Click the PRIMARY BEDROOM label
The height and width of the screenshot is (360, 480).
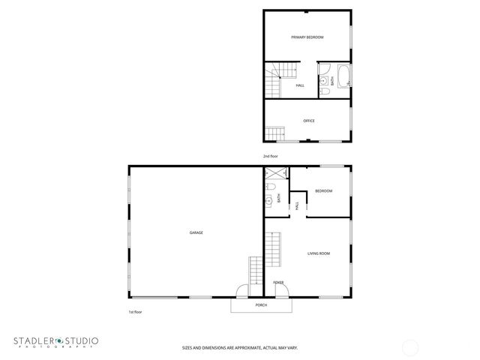pyautogui.click(x=307, y=37)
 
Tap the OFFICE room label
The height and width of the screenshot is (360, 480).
pyautogui.click(x=308, y=121)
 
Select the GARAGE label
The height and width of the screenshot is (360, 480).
pyautogui.click(x=196, y=232)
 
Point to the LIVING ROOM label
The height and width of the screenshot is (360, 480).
pyautogui.click(x=319, y=253)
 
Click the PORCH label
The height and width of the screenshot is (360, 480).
pyautogui.click(x=261, y=305)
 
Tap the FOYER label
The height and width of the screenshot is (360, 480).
pyautogui.click(x=278, y=282)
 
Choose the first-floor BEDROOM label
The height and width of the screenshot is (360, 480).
pyautogui.click(x=323, y=191)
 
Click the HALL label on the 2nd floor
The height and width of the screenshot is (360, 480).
pyautogui.click(x=300, y=85)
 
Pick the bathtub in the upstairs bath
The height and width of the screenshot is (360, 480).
pyautogui.click(x=343, y=77)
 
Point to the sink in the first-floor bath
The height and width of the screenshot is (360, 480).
pyautogui.click(x=268, y=200)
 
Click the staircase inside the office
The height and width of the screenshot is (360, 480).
pyautogui.click(x=277, y=134)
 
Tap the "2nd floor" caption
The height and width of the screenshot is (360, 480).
pyautogui.click(x=270, y=156)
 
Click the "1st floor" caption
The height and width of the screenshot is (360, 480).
pyautogui.click(x=135, y=312)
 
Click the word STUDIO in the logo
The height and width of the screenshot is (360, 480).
pyautogui.click(x=77, y=341)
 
